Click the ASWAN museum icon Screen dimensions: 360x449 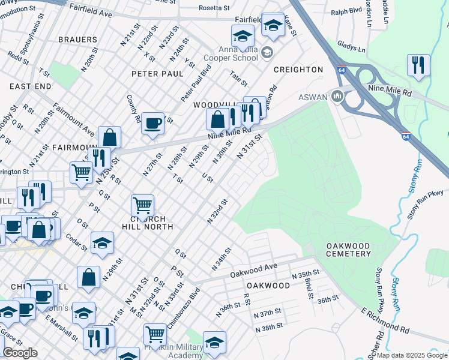pyautogui.click(x=337, y=96)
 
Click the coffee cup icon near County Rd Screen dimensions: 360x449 pyautogui.click(x=153, y=124)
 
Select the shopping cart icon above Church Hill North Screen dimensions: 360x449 pyautogui.click(x=142, y=206)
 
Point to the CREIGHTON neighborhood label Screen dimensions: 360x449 pyautogui.click(x=298, y=70)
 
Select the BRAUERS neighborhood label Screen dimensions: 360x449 pyautogui.click(x=77, y=40)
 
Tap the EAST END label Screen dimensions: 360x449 pyautogui.click(x=30, y=86)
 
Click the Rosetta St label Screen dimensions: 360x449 pyautogui.click(x=214, y=8)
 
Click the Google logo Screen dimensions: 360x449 pyautogui.click(x=20, y=353)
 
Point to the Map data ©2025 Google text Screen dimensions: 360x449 pyautogui.click(x=412, y=355)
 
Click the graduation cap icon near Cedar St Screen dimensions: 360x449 pyautogui.click(x=102, y=242)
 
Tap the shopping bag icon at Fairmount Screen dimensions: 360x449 pyautogui.click(x=110, y=137)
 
